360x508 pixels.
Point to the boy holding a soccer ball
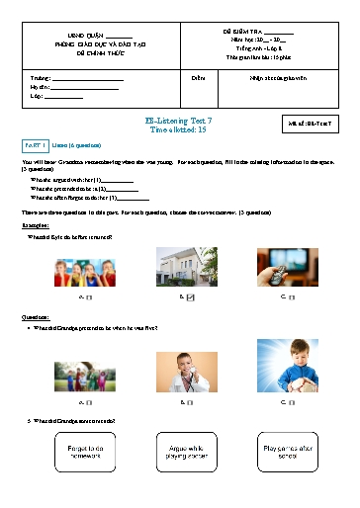(x=288, y=367)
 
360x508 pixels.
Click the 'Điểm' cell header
(x=198, y=76)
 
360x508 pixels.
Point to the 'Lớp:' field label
(x=37, y=97)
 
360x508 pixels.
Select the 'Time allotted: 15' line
(x=179, y=128)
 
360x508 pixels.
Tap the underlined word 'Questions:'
(x=37, y=317)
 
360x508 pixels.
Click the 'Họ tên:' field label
(x=38, y=87)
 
